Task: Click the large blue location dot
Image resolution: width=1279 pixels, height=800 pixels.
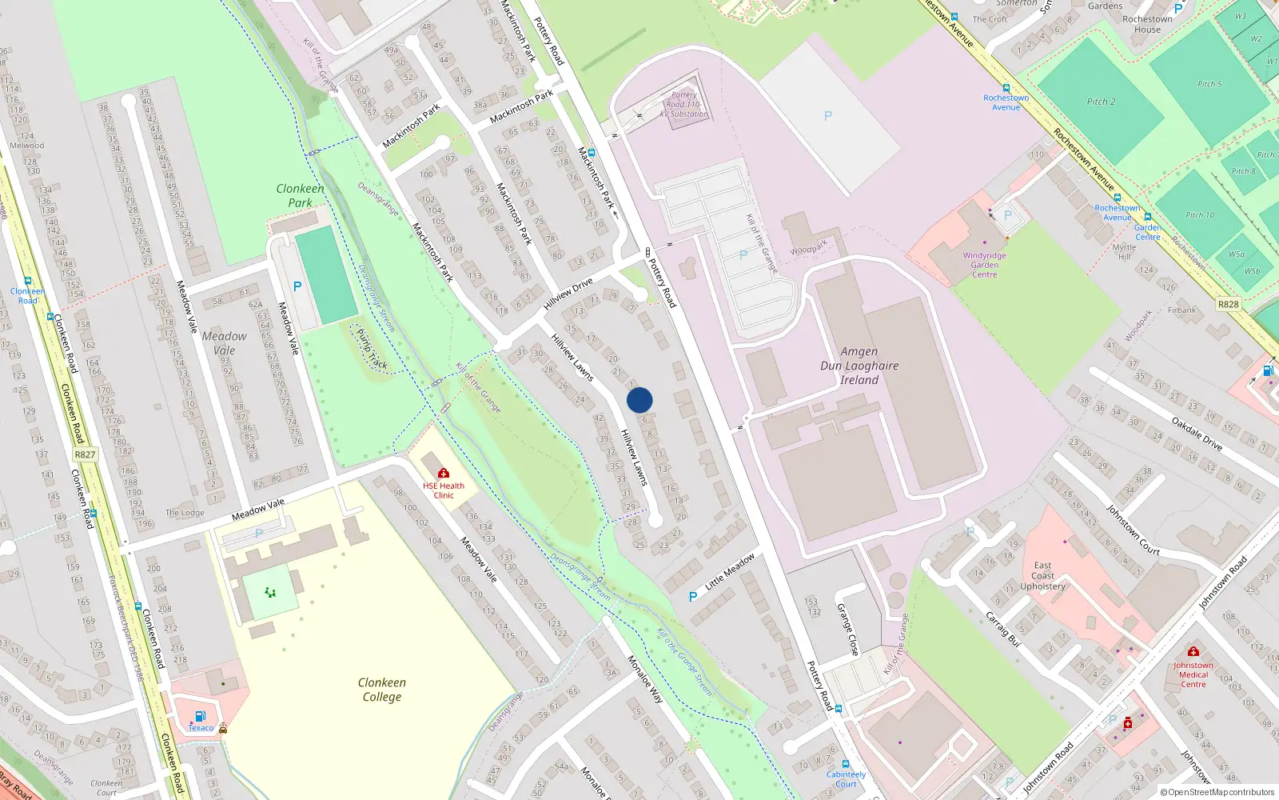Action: point(639,400)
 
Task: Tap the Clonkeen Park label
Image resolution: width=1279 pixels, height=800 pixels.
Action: point(300,196)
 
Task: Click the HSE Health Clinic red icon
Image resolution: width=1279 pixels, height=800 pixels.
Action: point(444,474)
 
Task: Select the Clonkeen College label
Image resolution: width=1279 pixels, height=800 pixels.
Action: point(382,690)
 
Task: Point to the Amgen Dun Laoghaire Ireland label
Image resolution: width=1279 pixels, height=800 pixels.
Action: point(859,366)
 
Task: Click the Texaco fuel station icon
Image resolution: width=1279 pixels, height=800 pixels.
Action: point(201,717)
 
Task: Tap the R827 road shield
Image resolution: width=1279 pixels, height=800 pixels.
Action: point(85,454)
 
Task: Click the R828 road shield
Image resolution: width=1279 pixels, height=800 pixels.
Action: point(1228,304)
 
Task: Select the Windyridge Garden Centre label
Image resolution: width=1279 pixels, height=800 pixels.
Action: point(984,265)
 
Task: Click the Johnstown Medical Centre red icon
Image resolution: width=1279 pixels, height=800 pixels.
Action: point(1193,652)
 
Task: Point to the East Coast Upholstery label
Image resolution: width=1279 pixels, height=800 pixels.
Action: point(1042,576)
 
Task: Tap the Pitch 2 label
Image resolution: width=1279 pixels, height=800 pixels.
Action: point(1101,102)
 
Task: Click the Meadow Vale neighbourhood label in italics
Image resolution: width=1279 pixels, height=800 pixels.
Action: point(224,343)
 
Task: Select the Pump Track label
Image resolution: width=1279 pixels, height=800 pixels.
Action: point(372,350)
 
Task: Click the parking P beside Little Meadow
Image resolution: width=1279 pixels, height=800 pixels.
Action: point(693,597)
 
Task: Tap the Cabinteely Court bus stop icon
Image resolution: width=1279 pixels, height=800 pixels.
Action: point(846,764)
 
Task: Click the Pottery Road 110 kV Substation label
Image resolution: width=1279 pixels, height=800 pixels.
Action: point(684,105)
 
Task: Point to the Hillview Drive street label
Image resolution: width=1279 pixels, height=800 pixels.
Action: point(568,294)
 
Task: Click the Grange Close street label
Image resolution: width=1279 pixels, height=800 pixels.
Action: point(847,630)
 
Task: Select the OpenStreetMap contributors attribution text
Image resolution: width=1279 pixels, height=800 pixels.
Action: point(1217,793)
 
